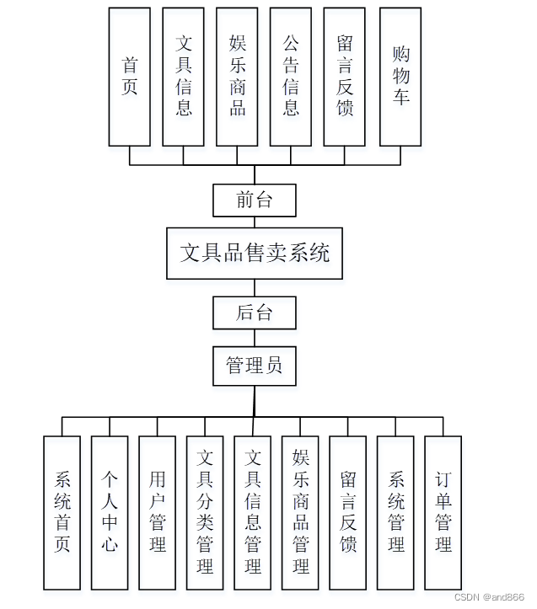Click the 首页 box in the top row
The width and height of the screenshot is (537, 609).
(130, 77)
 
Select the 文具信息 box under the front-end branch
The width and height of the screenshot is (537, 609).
(184, 77)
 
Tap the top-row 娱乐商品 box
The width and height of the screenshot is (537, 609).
(237, 77)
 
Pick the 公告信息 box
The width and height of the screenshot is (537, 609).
(291, 77)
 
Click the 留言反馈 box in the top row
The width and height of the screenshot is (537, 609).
(345, 77)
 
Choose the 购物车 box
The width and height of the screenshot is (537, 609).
(400, 77)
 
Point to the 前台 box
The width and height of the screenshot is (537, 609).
(255, 200)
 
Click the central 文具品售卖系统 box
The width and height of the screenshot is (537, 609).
(255, 253)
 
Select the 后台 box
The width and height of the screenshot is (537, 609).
(255, 313)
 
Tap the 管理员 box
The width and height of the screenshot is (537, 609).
(255, 366)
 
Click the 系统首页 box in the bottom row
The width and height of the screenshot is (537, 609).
(62, 512)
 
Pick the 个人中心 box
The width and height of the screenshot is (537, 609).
(110, 512)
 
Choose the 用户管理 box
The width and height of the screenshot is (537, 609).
(158, 512)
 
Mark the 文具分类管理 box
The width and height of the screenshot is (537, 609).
(205, 512)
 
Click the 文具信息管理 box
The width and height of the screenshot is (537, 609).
(253, 512)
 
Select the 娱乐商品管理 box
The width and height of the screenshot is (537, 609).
(300, 512)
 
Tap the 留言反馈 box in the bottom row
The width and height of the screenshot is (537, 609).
(348, 512)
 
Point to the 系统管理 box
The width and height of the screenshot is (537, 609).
(395, 512)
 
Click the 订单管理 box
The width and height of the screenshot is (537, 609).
(443, 512)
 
